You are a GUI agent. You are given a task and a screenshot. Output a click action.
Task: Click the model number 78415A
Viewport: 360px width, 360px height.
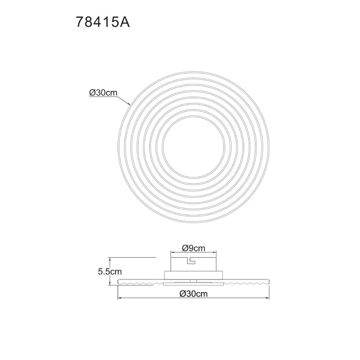103,22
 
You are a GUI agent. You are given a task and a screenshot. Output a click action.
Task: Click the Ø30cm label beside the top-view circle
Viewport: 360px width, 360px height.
103,93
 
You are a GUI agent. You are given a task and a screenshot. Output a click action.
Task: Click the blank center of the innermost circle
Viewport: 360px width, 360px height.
193,147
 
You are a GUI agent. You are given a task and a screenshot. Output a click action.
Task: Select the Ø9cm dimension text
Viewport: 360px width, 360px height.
194,248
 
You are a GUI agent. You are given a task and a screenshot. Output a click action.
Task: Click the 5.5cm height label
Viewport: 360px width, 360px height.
110,271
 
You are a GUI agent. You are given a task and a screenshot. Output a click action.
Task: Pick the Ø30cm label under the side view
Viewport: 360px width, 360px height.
194,294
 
